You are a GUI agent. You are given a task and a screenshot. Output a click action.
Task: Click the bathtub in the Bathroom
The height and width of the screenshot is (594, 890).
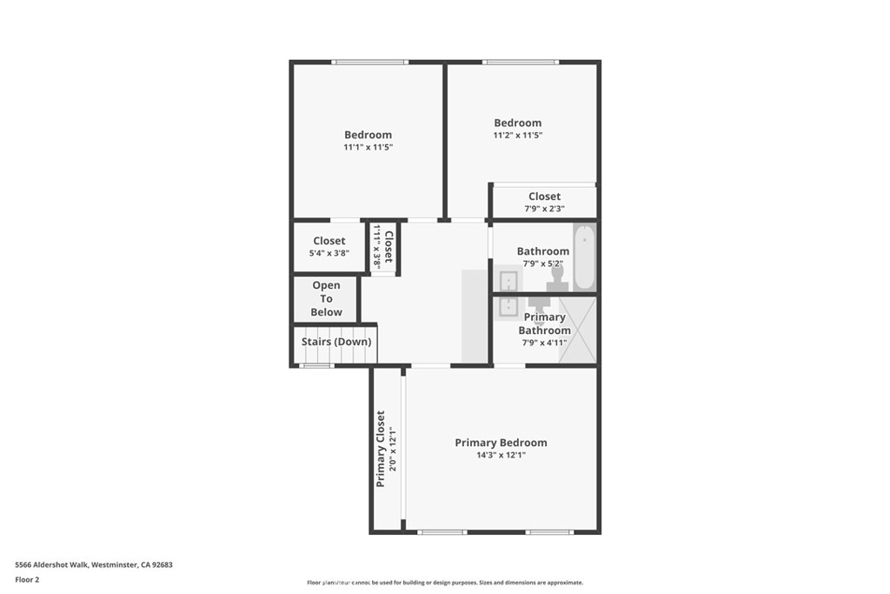tap(585, 257)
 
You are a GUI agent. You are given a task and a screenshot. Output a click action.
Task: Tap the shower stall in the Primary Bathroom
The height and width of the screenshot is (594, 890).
tap(577, 329)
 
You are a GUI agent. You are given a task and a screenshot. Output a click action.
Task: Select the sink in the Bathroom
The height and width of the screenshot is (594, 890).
tap(508, 281)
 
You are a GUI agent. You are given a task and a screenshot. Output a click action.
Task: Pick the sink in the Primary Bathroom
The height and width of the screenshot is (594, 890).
tap(508, 306)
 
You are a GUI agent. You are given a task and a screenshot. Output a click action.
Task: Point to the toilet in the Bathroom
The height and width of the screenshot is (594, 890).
tap(557, 278)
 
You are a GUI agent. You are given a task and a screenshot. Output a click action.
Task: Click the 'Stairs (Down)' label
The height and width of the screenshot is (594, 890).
tap(336, 342)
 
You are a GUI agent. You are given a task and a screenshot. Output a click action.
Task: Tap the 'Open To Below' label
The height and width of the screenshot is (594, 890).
tap(327, 298)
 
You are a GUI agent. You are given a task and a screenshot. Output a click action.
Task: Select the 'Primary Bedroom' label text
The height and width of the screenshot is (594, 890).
tap(501, 443)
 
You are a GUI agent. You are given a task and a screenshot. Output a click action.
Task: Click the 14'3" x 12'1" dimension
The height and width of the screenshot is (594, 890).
tap(501, 455)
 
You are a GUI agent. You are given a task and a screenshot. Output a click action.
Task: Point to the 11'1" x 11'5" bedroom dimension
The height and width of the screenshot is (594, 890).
tap(368, 148)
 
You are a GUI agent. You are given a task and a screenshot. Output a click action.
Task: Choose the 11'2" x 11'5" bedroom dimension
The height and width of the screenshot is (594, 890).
tap(518, 136)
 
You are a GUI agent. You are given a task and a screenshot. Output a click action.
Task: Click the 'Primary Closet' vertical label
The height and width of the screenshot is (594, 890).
tap(381, 448)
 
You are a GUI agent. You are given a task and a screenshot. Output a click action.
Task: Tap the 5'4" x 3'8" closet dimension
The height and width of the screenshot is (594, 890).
tap(329, 254)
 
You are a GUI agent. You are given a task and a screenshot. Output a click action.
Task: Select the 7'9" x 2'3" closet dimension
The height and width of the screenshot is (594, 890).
tap(544, 209)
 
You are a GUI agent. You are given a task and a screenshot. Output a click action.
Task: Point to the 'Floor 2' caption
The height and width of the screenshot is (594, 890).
tap(28, 579)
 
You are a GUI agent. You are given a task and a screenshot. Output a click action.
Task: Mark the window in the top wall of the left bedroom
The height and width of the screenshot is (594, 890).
tap(370, 62)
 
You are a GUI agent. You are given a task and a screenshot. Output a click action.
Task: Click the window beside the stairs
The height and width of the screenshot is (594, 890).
tap(317, 366)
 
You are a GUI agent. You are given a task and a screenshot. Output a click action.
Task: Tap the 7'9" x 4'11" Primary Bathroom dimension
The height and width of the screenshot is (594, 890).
tap(544, 343)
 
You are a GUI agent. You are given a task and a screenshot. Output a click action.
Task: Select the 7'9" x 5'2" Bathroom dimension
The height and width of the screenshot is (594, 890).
tap(543, 264)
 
